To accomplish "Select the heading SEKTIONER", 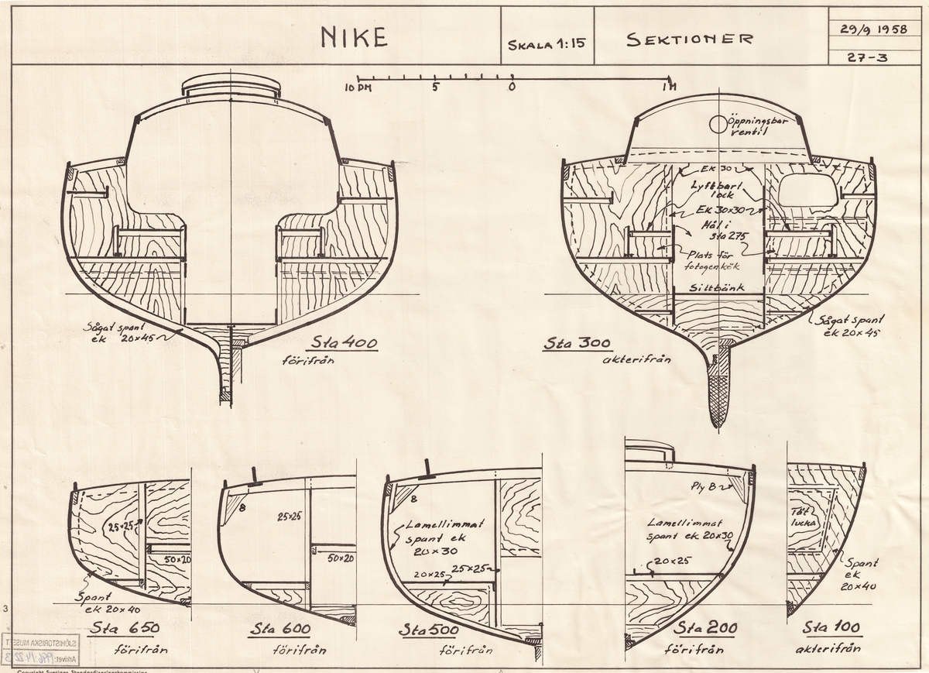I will [688, 38].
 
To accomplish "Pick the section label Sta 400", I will [345, 343].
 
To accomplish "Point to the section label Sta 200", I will [705, 628].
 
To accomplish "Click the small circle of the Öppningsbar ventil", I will [718, 122].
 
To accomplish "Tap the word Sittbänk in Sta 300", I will [716, 287].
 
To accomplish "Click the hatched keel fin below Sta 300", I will [719, 387].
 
